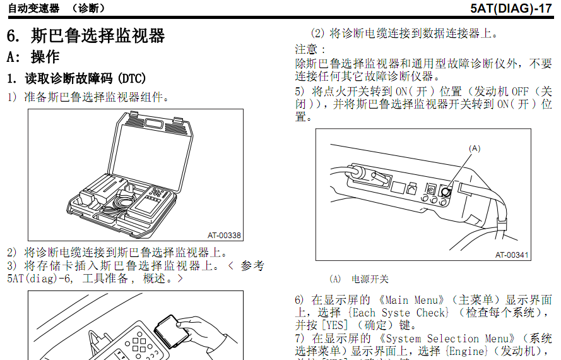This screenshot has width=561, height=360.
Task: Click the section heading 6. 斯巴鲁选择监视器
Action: (86, 35)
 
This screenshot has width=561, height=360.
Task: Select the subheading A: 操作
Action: (33, 57)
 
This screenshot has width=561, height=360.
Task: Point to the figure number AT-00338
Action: (224, 236)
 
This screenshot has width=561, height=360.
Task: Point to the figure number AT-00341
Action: (512, 255)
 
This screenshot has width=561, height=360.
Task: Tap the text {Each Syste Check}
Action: (398, 313)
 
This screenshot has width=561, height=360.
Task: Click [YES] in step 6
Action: (335, 325)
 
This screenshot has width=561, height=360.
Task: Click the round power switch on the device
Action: (446, 191)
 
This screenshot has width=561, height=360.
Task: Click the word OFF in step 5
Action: (519, 92)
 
